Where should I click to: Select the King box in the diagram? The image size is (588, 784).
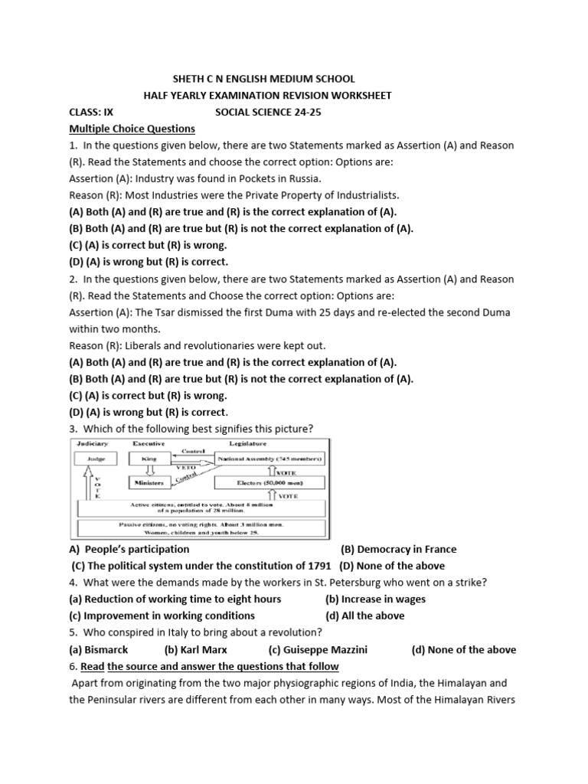(150, 459)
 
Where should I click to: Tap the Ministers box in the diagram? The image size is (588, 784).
(150, 483)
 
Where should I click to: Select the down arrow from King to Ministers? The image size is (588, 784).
(150, 472)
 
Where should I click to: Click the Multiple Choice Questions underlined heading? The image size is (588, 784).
(132, 129)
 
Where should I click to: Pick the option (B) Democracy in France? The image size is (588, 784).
(398, 549)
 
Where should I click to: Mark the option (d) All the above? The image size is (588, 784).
(365, 616)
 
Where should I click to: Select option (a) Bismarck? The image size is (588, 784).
(97, 650)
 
